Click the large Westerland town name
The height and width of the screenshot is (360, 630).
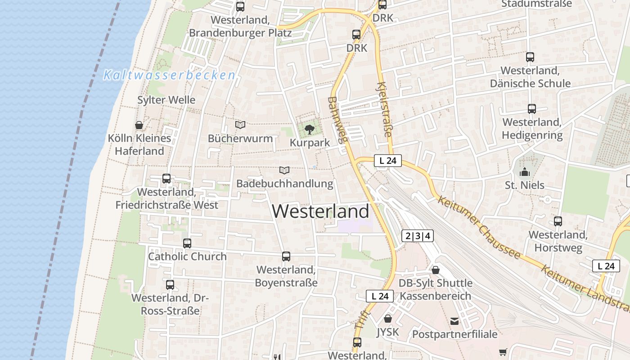click(x=320, y=211)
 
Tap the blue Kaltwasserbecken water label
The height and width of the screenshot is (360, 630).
click(x=169, y=75)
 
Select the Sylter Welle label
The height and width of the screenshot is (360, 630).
click(x=166, y=100)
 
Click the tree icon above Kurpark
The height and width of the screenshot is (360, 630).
click(x=309, y=130)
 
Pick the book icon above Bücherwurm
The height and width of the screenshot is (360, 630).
click(x=240, y=125)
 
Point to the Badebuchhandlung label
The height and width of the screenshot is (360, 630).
click(x=284, y=184)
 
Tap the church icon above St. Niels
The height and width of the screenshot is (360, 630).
click(x=524, y=172)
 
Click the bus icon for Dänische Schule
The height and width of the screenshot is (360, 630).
click(x=530, y=57)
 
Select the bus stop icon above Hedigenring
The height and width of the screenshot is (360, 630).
click(x=532, y=109)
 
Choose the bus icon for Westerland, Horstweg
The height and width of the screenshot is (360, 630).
click(x=558, y=221)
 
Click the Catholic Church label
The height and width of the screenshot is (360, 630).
click(x=187, y=256)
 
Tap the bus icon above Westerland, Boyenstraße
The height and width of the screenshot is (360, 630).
click(x=286, y=256)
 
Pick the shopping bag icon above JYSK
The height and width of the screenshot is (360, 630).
click(x=388, y=319)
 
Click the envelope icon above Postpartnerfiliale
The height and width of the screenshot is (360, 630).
click(x=454, y=321)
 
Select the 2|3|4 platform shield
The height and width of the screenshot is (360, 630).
click(x=418, y=236)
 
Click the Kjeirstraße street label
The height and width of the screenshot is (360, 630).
click(x=384, y=109)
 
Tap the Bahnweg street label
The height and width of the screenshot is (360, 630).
click(x=337, y=120)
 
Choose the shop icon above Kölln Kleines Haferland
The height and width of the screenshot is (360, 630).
click(x=139, y=125)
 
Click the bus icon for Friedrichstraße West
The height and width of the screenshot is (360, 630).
click(x=166, y=179)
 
